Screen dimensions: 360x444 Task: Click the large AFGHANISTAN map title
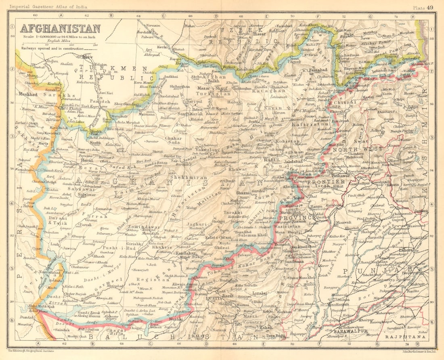click(x=60, y=29)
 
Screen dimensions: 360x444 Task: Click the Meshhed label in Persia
click(x=27, y=94)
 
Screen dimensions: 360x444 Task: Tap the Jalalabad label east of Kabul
click(x=293, y=161)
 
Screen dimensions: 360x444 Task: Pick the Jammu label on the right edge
click(x=421, y=211)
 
